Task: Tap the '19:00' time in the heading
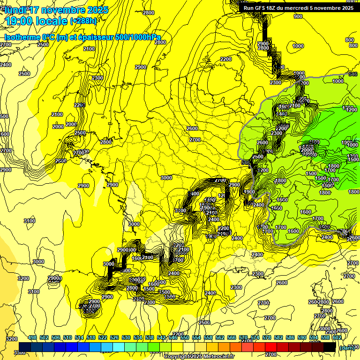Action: (x=20, y=21)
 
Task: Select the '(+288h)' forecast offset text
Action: (x=83, y=21)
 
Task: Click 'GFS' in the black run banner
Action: (x=261, y=8)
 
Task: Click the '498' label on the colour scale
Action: (x=32, y=337)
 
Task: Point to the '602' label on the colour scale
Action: (x=337, y=337)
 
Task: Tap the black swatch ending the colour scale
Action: (x=330, y=347)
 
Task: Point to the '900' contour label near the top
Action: (x=298, y=16)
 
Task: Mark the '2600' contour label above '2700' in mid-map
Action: (x=192, y=128)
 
